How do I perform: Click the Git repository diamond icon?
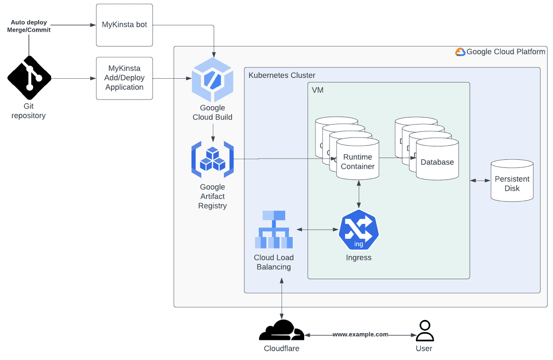tap(29, 78)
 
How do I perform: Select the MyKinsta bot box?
tap(124, 25)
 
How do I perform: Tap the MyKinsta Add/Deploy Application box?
tap(124, 78)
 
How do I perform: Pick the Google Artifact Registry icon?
tap(213, 159)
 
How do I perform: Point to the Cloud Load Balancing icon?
tap(274, 230)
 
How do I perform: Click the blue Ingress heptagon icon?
tap(359, 230)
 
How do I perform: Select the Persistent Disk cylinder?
tap(512, 181)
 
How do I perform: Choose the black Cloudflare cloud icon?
tap(282, 331)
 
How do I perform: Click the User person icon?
tap(425, 331)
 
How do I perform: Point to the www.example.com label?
tap(360, 334)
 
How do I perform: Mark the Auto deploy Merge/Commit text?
tap(29, 26)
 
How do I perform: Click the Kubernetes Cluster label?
tap(282, 75)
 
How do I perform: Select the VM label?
tap(318, 90)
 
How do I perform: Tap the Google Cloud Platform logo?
tap(460, 52)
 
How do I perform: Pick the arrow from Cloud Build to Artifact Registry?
tap(213, 133)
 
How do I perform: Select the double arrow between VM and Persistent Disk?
tap(480, 181)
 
